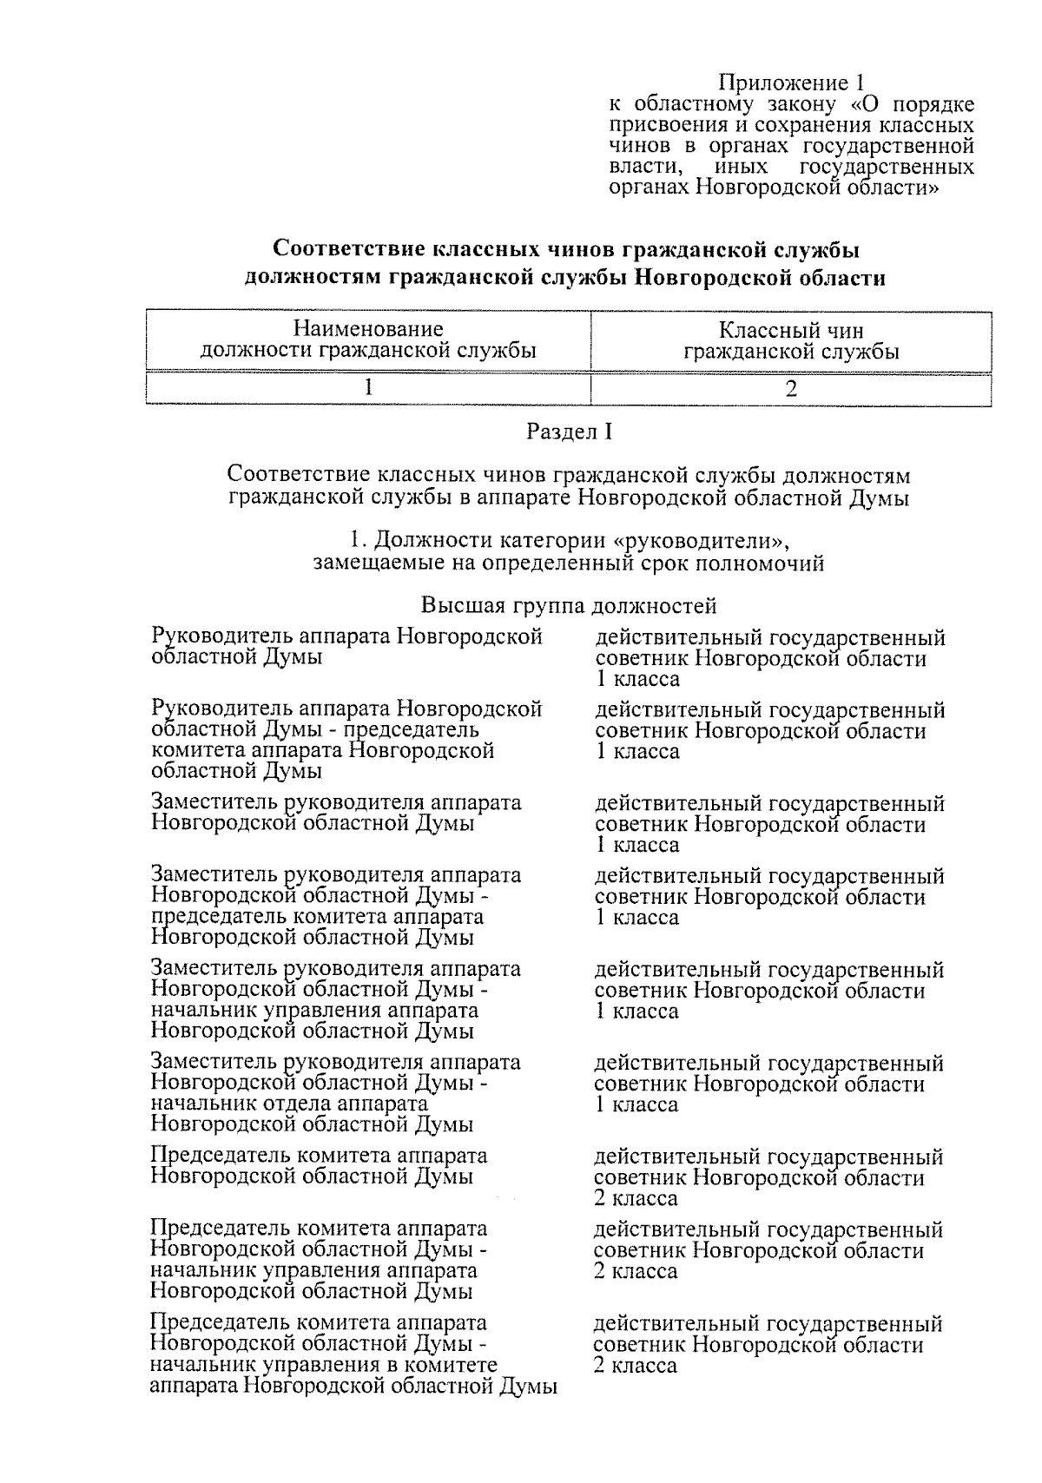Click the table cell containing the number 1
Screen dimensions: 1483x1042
coord(368,388)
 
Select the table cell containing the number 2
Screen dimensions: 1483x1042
coord(790,388)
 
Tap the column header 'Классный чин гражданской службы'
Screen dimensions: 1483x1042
coord(790,340)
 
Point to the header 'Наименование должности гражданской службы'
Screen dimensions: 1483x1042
coord(368,340)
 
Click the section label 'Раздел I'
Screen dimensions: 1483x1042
coord(569,431)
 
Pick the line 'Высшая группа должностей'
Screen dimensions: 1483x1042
coord(569,604)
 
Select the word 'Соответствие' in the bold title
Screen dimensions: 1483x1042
coord(346,250)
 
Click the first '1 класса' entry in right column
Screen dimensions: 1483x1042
coord(636,679)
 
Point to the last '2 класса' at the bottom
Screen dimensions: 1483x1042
coord(635,1365)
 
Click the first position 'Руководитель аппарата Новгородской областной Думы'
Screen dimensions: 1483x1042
coord(346,647)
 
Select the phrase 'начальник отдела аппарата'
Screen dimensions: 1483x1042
coord(289,1104)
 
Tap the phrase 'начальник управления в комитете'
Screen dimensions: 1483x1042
coord(324,1365)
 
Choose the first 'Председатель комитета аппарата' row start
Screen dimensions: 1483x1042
coord(319,1156)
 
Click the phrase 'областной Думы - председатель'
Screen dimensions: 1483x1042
coord(313,731)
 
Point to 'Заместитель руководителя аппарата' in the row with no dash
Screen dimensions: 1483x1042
coord(336,803)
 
